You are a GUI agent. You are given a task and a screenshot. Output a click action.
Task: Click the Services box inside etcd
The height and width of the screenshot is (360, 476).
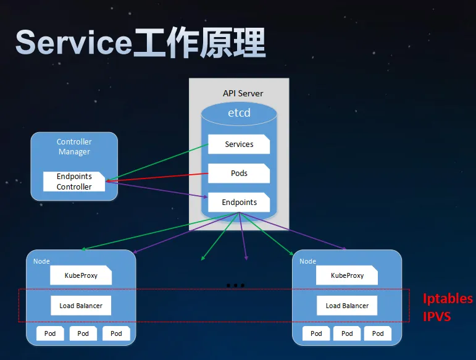(239, 144)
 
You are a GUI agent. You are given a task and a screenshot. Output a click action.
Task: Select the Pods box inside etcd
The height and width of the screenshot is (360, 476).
(239, 174)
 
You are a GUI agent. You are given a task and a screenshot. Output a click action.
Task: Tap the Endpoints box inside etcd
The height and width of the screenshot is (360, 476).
(239, 202)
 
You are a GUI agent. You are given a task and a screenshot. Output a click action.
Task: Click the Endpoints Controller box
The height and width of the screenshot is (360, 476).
(74, 182)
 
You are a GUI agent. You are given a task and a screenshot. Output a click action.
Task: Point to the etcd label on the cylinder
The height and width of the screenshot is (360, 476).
(239, 112)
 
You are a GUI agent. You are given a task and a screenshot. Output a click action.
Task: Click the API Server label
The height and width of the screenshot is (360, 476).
(243, 93)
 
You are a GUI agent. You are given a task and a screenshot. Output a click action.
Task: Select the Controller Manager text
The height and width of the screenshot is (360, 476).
(74, 146)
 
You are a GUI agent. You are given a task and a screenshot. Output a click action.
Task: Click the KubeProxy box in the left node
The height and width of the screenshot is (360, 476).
(81, 275)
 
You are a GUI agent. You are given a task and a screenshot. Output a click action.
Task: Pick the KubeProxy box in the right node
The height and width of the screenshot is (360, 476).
(347, 275)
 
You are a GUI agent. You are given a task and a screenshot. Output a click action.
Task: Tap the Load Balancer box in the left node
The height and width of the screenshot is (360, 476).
(81, 306)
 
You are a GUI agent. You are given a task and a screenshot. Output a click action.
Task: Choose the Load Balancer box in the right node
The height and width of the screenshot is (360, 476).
(347, 306)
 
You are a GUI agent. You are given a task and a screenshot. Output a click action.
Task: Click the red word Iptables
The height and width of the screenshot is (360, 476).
(448, 299)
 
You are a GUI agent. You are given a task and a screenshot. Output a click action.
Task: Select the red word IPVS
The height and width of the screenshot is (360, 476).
(437, 317)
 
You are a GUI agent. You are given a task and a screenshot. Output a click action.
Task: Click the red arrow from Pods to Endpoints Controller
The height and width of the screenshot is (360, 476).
(157, 177)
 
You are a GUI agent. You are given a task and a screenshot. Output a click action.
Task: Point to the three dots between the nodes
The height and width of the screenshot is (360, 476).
(236, 285)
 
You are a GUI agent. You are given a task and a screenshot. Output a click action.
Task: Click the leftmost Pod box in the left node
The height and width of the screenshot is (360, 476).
(50, 333)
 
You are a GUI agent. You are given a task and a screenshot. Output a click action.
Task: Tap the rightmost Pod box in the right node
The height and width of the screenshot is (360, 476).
(378, 333)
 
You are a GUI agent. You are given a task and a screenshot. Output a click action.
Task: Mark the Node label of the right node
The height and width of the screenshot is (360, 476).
(307, 261)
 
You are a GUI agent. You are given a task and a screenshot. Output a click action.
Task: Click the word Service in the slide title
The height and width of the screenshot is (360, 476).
(73, 43)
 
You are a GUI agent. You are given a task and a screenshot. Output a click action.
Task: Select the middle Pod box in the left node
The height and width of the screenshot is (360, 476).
(83, 333)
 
